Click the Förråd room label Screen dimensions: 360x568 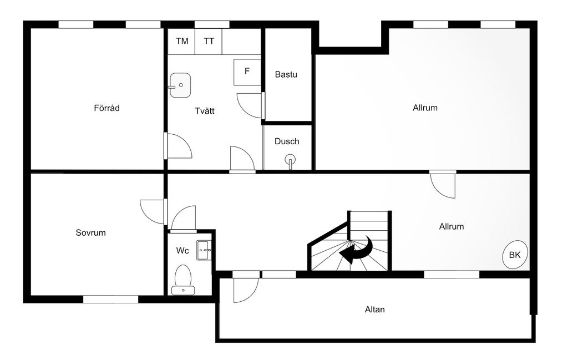(x=106, y=108)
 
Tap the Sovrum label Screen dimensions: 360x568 (x=90, y=232)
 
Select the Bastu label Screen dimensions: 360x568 (x=286, y=74)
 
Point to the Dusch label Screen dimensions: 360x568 (x=287, y=141)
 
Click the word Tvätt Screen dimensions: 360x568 (x=205, y=111)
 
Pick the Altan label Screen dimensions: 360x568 (x=374, y=310)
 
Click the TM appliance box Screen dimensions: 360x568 (x=182, y=42)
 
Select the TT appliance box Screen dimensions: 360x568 (x=209, y=42)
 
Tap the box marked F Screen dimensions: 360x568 (x=247, y=72)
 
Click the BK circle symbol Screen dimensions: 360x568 (x=515, y=255)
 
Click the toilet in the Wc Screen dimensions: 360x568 (x=182, y=279)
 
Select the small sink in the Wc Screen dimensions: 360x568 (x=204, y=250)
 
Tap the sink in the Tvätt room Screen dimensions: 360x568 (x=180, y=85)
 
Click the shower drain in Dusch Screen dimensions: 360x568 (x=290, y=161)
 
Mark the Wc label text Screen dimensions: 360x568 (x=182, y=251)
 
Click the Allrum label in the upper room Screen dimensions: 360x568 (x=425, y=108)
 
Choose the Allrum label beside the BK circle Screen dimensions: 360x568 (x=451, y=226)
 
